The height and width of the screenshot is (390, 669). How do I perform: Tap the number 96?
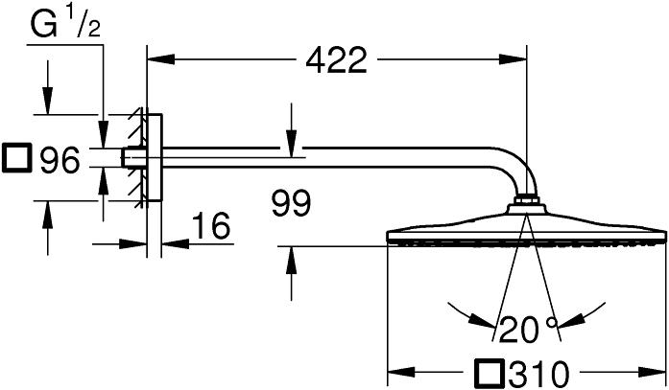point(58,162)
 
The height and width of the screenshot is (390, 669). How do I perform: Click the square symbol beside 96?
point(17,160)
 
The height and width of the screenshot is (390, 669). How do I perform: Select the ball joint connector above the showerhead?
point(526,202)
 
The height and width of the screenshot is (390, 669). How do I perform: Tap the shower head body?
point(526,230)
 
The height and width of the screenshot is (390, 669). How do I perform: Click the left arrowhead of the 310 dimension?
point(394,372)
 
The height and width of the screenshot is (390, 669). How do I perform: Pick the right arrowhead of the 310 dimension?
point(657,372)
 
